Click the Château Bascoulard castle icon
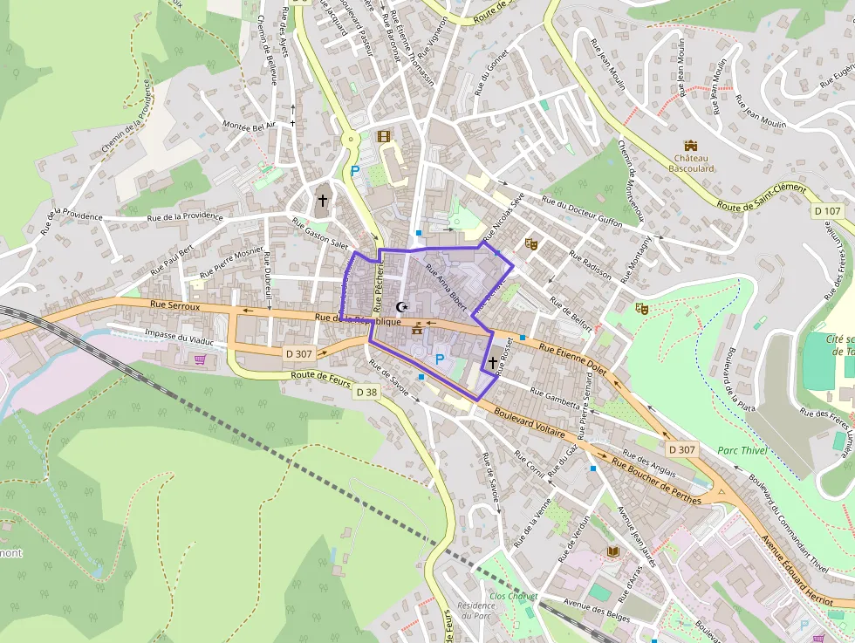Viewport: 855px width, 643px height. pos(692,145)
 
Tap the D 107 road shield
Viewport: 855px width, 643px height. pos(827,210)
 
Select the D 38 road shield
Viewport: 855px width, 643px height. pos(367,393)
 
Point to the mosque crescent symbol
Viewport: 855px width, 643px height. pos(402,306)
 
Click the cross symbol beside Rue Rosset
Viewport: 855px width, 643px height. pos(493,361)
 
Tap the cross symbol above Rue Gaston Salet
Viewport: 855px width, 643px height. pos(322,201)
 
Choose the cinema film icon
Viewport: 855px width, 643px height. pos(383,135)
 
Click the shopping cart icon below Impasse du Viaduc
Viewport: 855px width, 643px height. pos(201,359)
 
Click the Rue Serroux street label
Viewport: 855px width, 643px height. pos(175,305)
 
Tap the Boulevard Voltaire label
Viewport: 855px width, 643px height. pos(529,420)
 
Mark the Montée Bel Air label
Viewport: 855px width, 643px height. pos(250,127)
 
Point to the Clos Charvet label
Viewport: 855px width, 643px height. pos(510,596)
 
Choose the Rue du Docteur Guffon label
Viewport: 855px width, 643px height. pos(583,210)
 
